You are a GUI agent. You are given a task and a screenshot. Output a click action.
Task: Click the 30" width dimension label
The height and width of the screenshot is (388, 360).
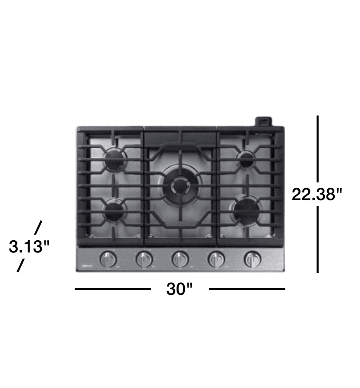pyautogui.click(x=180, y=289)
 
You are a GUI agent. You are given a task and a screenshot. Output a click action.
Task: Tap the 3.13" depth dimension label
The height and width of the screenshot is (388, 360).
pyautogui.click(x=29, y=247)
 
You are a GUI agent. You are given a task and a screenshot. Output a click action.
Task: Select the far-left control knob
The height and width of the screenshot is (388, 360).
pyautogui.click(x=108, y=259)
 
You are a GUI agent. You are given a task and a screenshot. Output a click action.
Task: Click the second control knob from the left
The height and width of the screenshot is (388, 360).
pyautogui.click(x=144, y=259)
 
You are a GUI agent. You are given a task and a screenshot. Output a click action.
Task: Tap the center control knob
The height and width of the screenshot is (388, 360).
pyautogui.click(x=180, y=259)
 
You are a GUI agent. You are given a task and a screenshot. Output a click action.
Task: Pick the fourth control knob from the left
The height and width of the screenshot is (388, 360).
pyautogui.click(x=215, y=259)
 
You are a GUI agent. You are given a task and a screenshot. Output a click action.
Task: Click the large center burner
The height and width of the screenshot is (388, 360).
pyautogui.click(x=180, y=186)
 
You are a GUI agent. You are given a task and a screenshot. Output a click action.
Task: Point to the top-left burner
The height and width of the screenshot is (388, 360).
pyautogui.click(x=115, y=158)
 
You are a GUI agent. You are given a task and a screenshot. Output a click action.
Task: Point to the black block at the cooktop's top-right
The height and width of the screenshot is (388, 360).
pyautogui.click(x=263, y=121)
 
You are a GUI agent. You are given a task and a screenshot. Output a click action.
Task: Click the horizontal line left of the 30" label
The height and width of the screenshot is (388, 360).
pyautogui.click(x=113, y=289)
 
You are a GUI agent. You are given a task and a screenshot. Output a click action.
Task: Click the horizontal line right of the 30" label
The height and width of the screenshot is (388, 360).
pyautogui.click(x=247, y=289)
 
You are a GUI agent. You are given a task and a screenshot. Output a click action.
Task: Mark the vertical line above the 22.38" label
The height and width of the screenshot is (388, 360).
pyautogui.click(x=318, y=148)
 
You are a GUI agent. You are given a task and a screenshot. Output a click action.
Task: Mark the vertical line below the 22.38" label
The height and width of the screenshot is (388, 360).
pyautogui.click(x=318, y=239)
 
